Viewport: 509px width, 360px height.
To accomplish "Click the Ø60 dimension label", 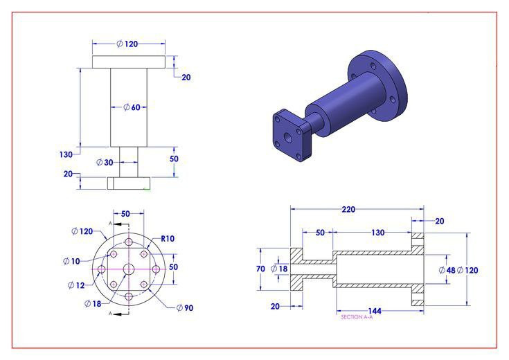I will pos(132,107).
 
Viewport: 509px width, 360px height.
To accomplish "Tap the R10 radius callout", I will pos(168,239).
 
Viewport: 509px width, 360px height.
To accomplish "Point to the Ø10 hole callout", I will pos(72,260).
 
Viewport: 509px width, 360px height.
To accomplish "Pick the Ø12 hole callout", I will pos(76,285).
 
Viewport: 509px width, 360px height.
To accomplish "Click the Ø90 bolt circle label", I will pos(184,307).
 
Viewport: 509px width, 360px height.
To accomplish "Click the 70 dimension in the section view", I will pos(260,269).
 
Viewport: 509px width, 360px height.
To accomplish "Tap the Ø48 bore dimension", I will pos(447,270).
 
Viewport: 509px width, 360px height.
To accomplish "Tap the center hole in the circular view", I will pos(129,269).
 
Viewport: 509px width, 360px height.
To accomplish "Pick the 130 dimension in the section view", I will pos(377,233).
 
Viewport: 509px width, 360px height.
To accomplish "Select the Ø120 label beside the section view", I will pos(470,270).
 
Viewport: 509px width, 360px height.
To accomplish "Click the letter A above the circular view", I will pos(110,223).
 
